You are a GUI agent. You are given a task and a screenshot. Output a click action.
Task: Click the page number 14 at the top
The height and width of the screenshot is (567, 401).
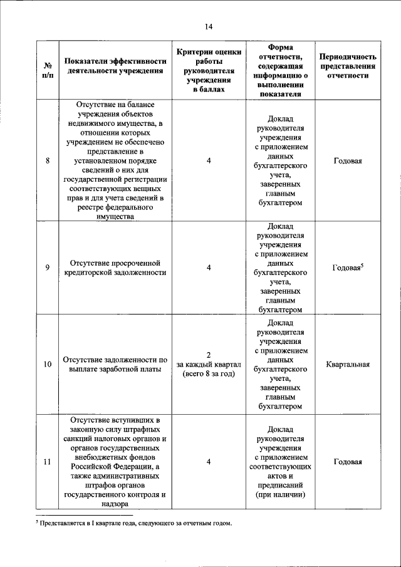coord(209,26)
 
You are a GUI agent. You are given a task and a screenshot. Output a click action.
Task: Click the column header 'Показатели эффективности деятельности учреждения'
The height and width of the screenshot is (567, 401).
coord(114,66)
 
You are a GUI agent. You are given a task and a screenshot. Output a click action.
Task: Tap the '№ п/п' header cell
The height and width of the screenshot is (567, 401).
coord(48,70)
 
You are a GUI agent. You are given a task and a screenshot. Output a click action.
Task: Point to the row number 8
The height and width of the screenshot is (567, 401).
coord(48,161)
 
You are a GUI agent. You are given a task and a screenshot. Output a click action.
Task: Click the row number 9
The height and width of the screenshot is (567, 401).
coord(48,268)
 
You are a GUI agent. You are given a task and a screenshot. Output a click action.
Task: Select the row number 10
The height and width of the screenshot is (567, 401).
coord(48,364)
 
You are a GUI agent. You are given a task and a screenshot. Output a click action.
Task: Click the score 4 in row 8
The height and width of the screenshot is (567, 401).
coord(209,161)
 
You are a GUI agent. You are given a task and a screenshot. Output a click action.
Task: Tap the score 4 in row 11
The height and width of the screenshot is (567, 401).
coord(209,462)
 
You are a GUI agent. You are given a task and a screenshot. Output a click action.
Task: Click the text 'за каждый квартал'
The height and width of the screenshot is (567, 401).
coord(209,364)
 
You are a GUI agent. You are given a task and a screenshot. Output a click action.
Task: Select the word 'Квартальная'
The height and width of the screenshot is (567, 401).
coord(347,364)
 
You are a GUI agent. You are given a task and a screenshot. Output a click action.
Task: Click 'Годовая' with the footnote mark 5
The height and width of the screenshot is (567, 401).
coord(346,268)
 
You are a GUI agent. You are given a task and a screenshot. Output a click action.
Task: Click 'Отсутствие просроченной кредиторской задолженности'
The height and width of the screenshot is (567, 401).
coord(114,268)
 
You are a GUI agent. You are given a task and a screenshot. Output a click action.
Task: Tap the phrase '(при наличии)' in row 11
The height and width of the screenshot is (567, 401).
coord(280,494)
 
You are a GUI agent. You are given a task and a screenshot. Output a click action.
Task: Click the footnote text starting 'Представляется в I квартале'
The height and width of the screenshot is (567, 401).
coord(134,523)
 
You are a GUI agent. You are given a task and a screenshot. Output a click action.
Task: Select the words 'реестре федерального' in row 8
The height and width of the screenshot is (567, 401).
coord(114,207)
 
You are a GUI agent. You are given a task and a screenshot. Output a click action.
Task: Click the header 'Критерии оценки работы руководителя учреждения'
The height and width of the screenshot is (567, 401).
coord(209,66)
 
